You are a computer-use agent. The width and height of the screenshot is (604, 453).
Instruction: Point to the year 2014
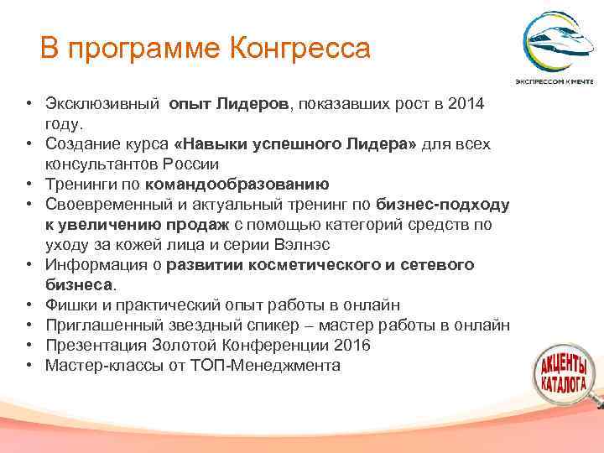click(x=466, y=105)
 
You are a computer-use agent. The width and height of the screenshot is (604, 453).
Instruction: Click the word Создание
click(x=80, y=144)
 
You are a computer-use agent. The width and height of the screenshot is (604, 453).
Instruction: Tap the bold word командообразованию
click(x=237, y=184)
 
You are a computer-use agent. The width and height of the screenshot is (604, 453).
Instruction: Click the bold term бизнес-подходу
click(x=442, y=205)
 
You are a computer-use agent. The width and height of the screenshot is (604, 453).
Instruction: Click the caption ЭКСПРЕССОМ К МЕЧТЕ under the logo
click(x=555, y=82)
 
